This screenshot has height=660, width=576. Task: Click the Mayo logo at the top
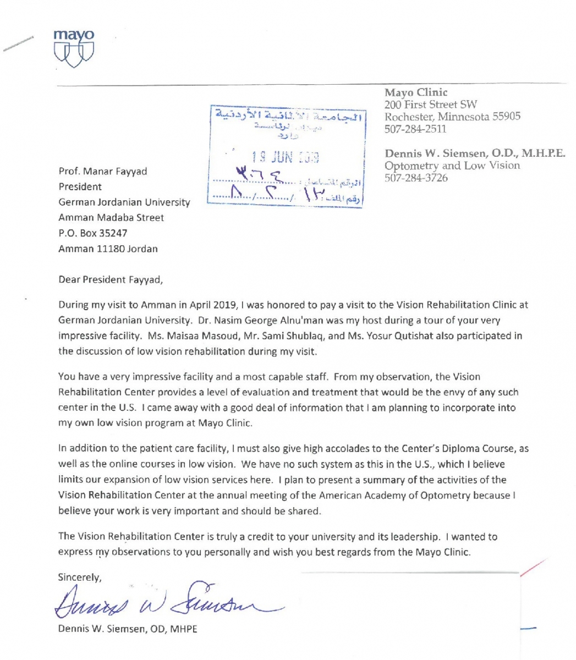74,48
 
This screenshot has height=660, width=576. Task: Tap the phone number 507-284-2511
415,129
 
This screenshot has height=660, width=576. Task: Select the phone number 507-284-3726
416,178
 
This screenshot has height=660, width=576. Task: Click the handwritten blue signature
165,599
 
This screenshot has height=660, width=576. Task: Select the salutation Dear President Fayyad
111,279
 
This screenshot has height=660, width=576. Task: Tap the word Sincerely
80,577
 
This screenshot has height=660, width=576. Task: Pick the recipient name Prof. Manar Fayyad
103,171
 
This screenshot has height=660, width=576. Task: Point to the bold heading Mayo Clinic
416,92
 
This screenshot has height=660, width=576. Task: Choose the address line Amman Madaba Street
111,218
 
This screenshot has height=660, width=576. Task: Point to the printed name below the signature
127,629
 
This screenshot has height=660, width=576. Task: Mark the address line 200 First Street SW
431,105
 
